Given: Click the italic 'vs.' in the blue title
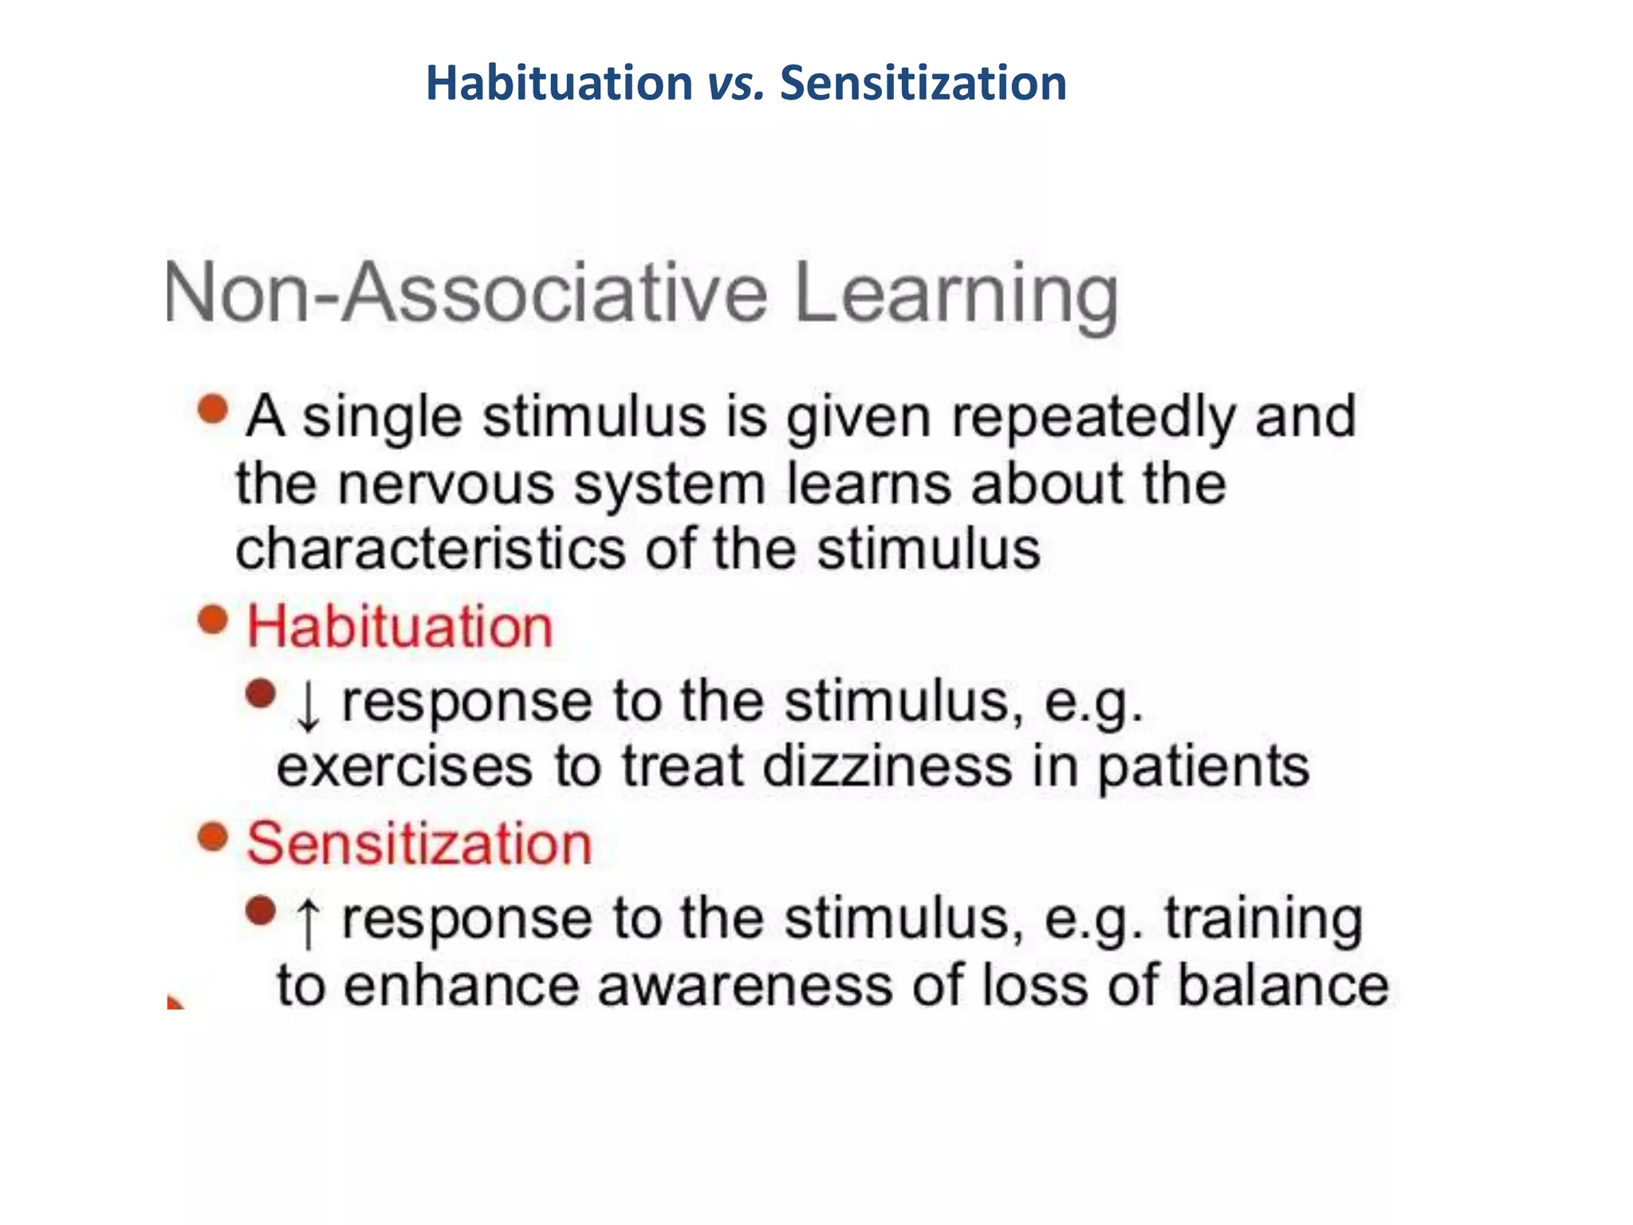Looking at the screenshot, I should pos(735,84).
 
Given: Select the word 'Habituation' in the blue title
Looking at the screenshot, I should pos(559,84).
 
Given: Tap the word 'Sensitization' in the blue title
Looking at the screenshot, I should pos(923,84).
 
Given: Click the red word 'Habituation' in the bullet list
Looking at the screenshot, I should pos(399,627).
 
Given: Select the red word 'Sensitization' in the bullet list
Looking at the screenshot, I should pos(419,844).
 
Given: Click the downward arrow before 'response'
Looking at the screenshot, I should pos(308,706).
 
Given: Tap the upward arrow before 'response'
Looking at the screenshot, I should pos(308,923).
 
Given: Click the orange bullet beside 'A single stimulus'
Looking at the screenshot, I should pos(213,410).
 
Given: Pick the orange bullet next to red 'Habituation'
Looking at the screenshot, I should pos(213,620).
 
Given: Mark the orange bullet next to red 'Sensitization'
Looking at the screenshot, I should pos(213,837).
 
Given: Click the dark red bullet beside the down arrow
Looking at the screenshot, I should pos(261,694).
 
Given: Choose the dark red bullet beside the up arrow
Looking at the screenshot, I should pos(261,911).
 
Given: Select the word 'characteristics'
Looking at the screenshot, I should pos(431,549).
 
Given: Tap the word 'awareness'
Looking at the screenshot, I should pos(746,985).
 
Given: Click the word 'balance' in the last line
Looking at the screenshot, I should pos(1283,985).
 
